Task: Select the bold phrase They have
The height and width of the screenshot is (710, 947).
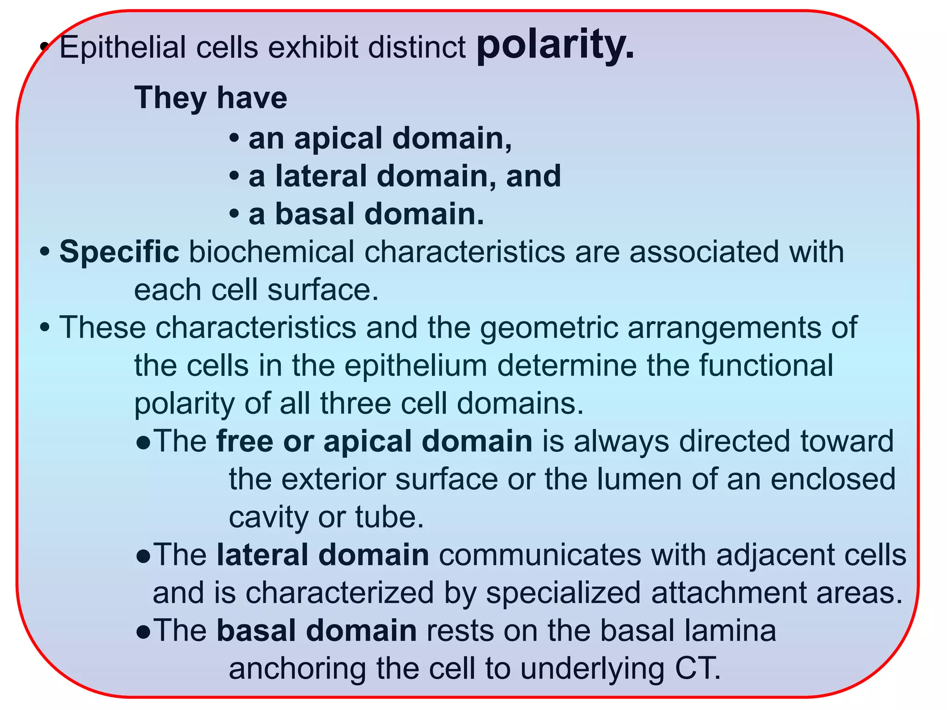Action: point(211,98)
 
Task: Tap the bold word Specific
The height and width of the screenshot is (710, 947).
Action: point(119,252)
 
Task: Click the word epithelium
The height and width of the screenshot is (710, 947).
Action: point(416,366)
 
